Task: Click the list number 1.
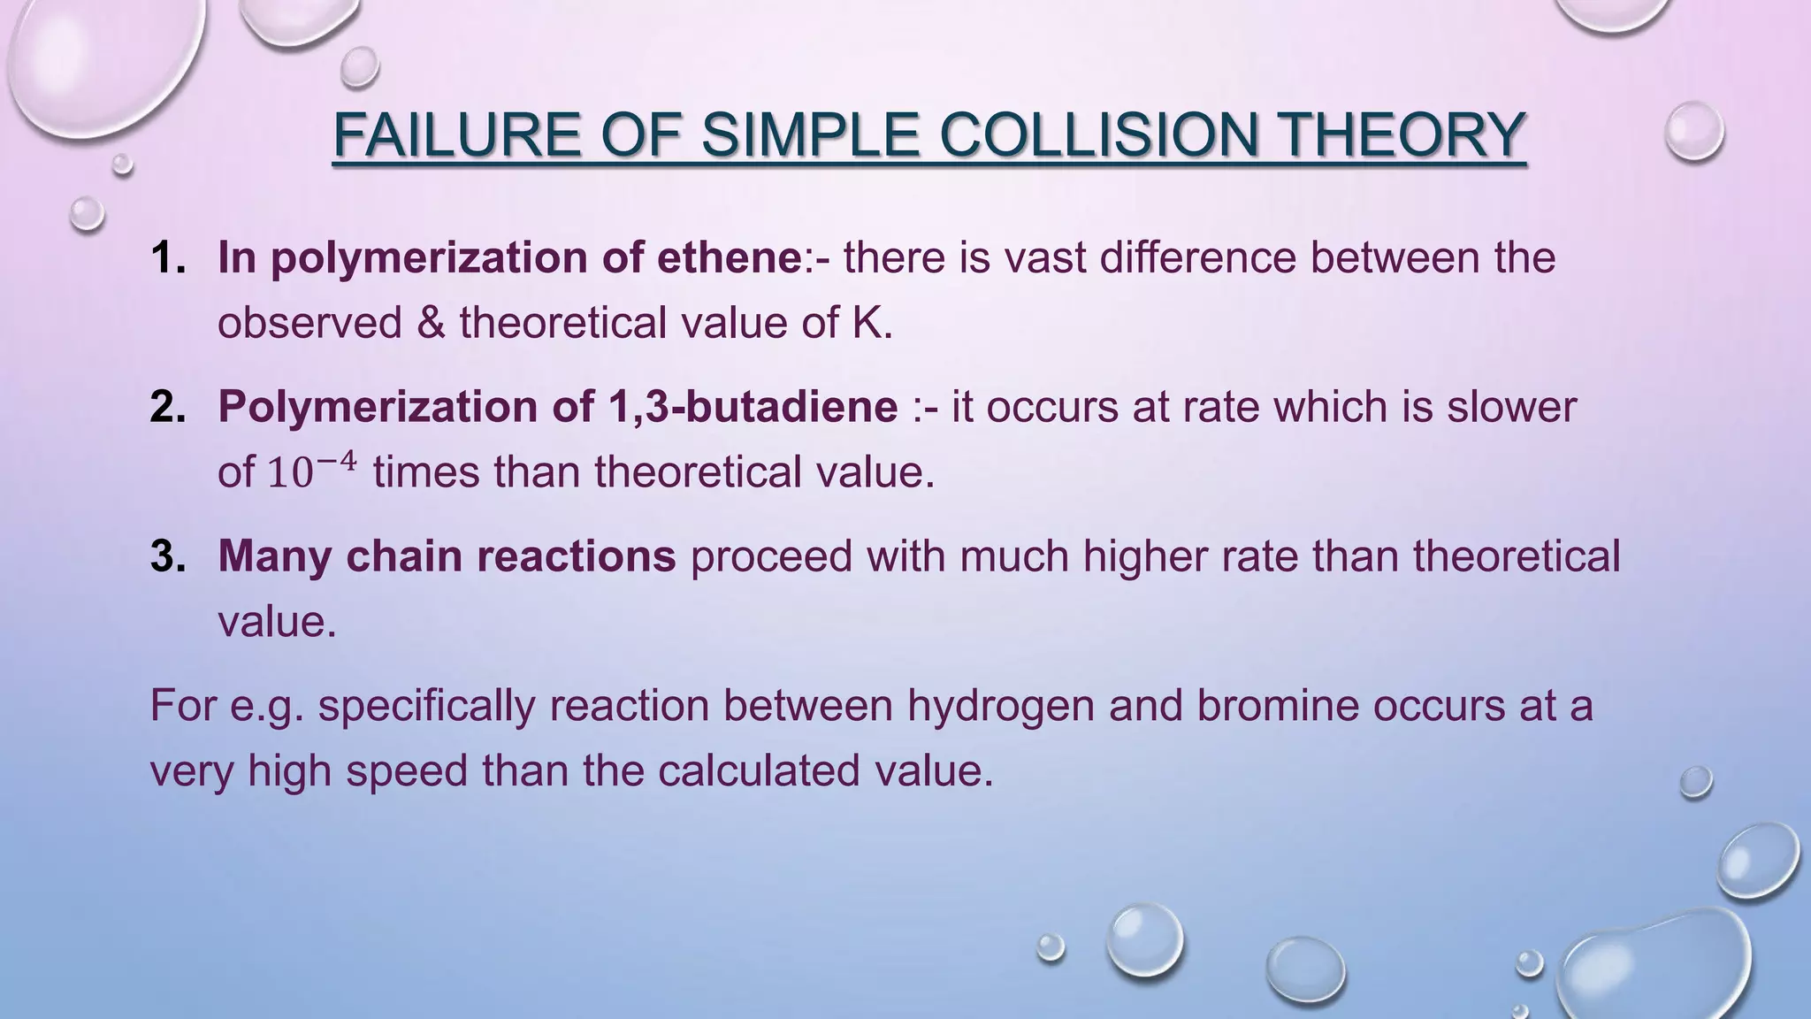click(x=167, y=258)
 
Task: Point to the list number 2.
click(x=167, y=407)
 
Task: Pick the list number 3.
click(x=167, y=556)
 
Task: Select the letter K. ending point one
click(x=872, y=323)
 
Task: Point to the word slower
click(x=1511, y=407)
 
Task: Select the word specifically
click(x=426, y=706)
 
